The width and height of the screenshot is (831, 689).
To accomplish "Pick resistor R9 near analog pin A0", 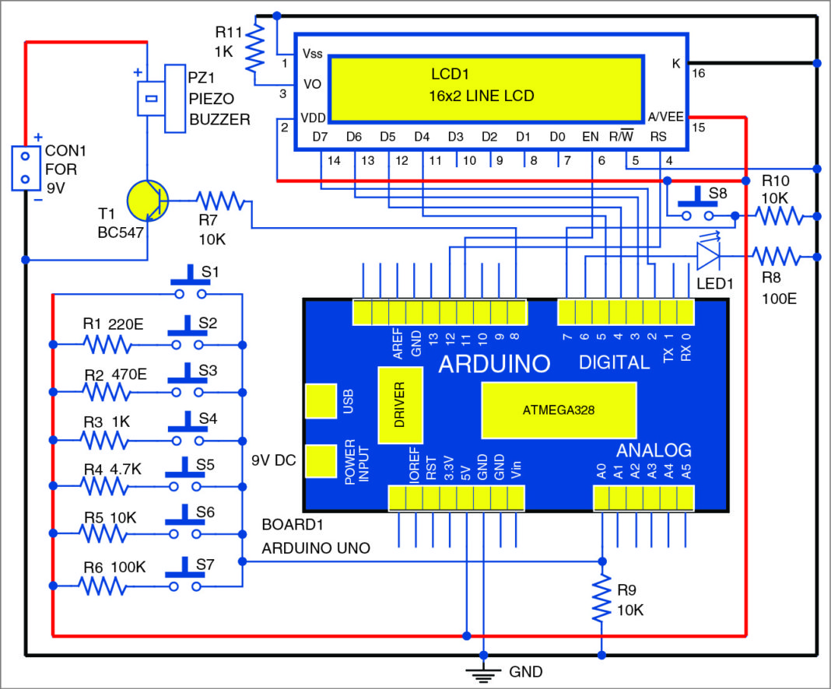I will click(601, 599).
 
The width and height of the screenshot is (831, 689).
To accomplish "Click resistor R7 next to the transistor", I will click(223, 201).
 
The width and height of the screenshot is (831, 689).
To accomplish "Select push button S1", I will click(190, 286).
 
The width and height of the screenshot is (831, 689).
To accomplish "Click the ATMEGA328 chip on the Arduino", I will click(559, 409).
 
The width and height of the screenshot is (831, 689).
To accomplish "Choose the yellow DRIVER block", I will click(400, 404).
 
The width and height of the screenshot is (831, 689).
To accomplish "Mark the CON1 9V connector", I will click(25, 168).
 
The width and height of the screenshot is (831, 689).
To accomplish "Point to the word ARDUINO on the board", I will click(494, 364).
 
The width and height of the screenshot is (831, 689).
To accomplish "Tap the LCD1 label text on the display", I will click(451, 75).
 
